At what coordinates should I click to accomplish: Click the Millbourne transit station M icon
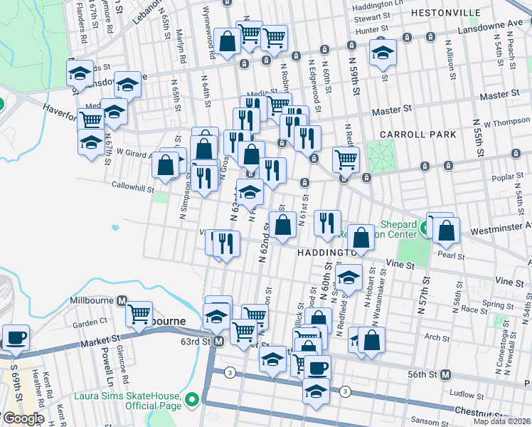click(x=122, y=300)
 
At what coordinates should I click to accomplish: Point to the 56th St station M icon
click(x=446, y=374)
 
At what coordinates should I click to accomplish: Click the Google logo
click(x=23, y=418)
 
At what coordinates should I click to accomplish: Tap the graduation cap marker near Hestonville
click(x=383, y=53)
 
